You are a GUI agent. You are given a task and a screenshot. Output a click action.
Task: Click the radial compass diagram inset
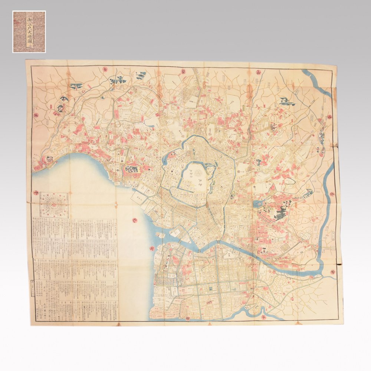tap(54, 205)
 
